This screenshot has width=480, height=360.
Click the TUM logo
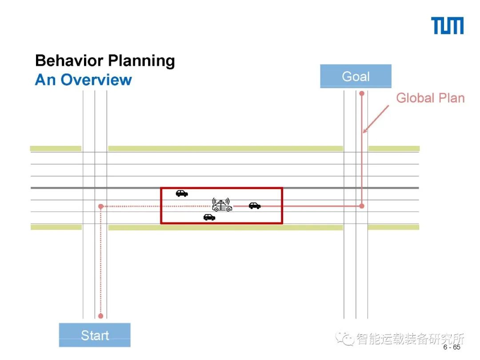(447, 26)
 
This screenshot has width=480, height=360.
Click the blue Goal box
(356, 76)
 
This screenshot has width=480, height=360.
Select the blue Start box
(95, 335)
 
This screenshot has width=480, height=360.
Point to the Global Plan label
(430, 98)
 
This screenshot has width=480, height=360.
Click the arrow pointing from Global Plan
(376, 119)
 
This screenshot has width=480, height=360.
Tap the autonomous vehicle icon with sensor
(222, 205)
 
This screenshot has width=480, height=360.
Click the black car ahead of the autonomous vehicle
(255, 205)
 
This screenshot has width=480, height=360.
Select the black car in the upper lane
(181, 193)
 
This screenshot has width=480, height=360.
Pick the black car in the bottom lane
(209, 217)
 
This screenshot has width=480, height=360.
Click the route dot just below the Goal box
(362, 93)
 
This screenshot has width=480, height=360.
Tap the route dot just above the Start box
(100, 316)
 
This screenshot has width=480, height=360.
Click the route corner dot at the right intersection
(362, 206)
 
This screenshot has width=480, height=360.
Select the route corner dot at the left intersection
(101, 206)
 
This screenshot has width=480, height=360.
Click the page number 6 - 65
(452, 348)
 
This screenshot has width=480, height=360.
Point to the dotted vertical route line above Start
(101, 262)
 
